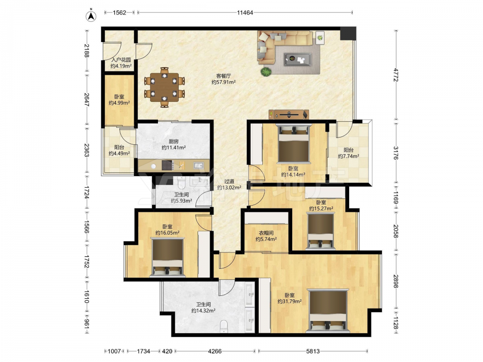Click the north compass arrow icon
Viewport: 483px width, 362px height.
pos(91,16)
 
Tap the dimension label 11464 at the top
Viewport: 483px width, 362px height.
pos(245,13)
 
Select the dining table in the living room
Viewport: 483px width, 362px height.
pos(165,87)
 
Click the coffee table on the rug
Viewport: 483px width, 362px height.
pos(298,59)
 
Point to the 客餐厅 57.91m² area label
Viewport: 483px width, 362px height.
pos(224,79)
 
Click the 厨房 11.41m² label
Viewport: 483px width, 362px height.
pos(174,145)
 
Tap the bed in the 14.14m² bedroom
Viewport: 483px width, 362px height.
pos(294,143)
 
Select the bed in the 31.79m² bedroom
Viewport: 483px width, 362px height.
pos(328,311)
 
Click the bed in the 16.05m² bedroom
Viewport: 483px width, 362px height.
pos(168,257)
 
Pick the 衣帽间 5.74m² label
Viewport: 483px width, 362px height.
pos(266,236)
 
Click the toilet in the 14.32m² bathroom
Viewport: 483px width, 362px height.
pos(224,326)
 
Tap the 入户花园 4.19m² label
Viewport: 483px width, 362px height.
pos(121,63)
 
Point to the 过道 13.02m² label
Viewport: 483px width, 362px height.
pos(229,184)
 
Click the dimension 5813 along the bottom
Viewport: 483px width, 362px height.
pos(313,351)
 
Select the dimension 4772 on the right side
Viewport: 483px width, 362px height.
pos(396,75)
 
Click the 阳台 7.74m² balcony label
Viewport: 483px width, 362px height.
pos(348,153)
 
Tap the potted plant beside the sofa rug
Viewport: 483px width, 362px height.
pos(266,72)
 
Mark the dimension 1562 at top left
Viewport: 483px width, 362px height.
pos(119,13)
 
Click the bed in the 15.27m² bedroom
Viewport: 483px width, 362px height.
pos(321,231)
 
